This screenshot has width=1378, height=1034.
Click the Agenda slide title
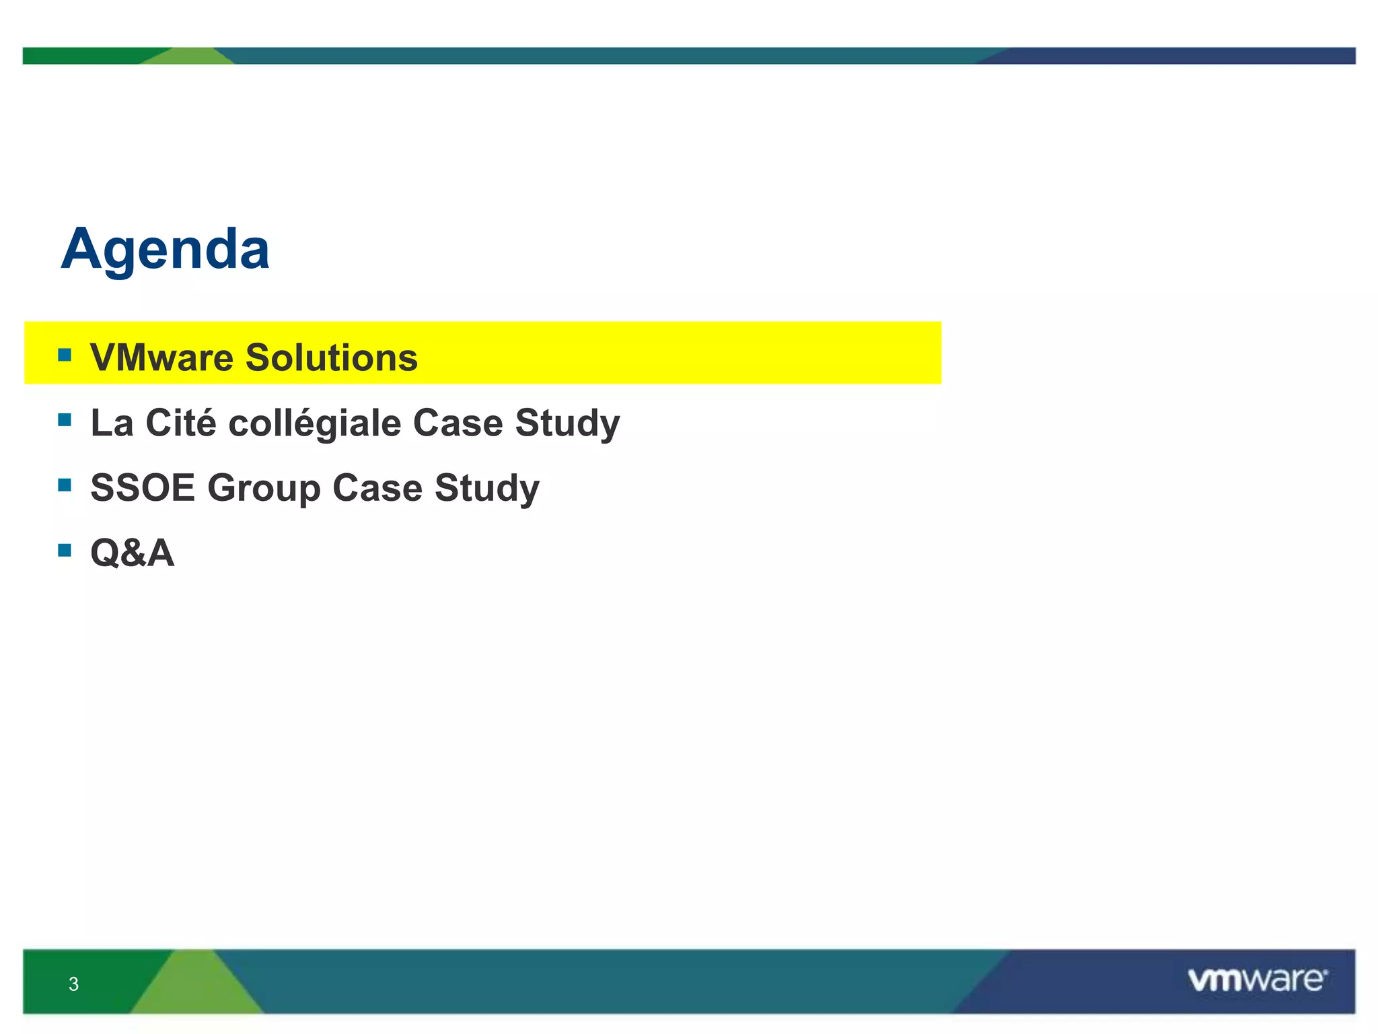166,250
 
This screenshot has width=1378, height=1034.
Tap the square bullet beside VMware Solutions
65,355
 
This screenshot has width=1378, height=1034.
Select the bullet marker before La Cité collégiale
65,421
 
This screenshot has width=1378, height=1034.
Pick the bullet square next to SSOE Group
65,485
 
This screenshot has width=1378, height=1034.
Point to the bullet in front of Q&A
65,551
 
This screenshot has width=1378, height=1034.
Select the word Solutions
331,357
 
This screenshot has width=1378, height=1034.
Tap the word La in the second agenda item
112,423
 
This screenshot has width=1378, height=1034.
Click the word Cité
181,423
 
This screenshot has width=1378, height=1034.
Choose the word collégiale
315,423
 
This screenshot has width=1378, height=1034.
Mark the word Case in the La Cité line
458,423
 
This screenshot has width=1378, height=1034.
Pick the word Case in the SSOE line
377,487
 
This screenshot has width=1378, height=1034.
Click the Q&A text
133,553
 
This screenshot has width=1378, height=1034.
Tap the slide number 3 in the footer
74,984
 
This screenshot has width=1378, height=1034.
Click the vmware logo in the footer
1257,980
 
